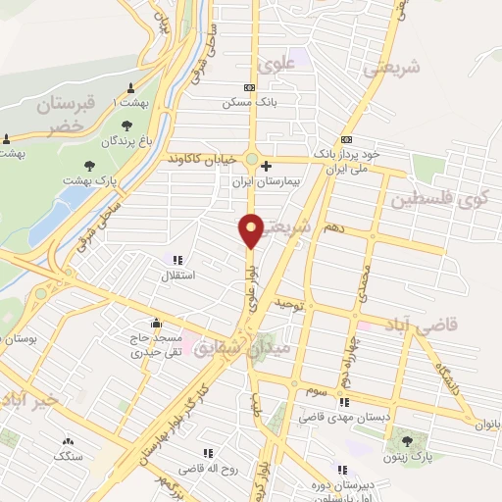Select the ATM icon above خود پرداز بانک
point(345,140)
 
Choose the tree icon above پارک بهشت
point(90,165)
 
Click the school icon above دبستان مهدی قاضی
point(344,402)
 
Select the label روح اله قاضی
point(208,469)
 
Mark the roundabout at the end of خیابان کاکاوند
point(251,160)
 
